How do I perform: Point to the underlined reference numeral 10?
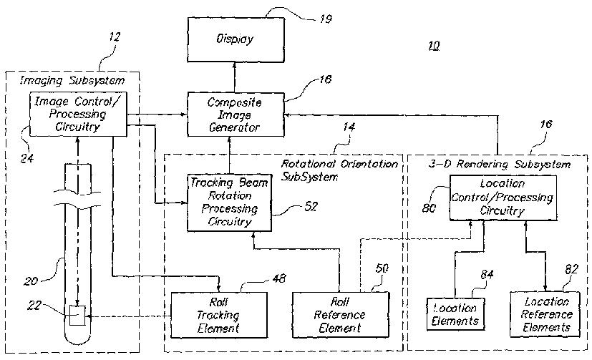point(434,46)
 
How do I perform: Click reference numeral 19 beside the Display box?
point(326,19)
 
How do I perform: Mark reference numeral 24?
point(26,157)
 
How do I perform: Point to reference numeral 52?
point(311,206)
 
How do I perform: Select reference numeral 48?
point(279,278)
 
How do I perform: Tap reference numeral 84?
point(487,274)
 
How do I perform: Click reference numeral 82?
point(572,269)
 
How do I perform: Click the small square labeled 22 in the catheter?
point(77,315)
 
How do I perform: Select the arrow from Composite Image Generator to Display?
point(235,77)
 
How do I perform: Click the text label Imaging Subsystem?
point(72,80)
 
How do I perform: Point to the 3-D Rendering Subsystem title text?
point(500,165)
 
